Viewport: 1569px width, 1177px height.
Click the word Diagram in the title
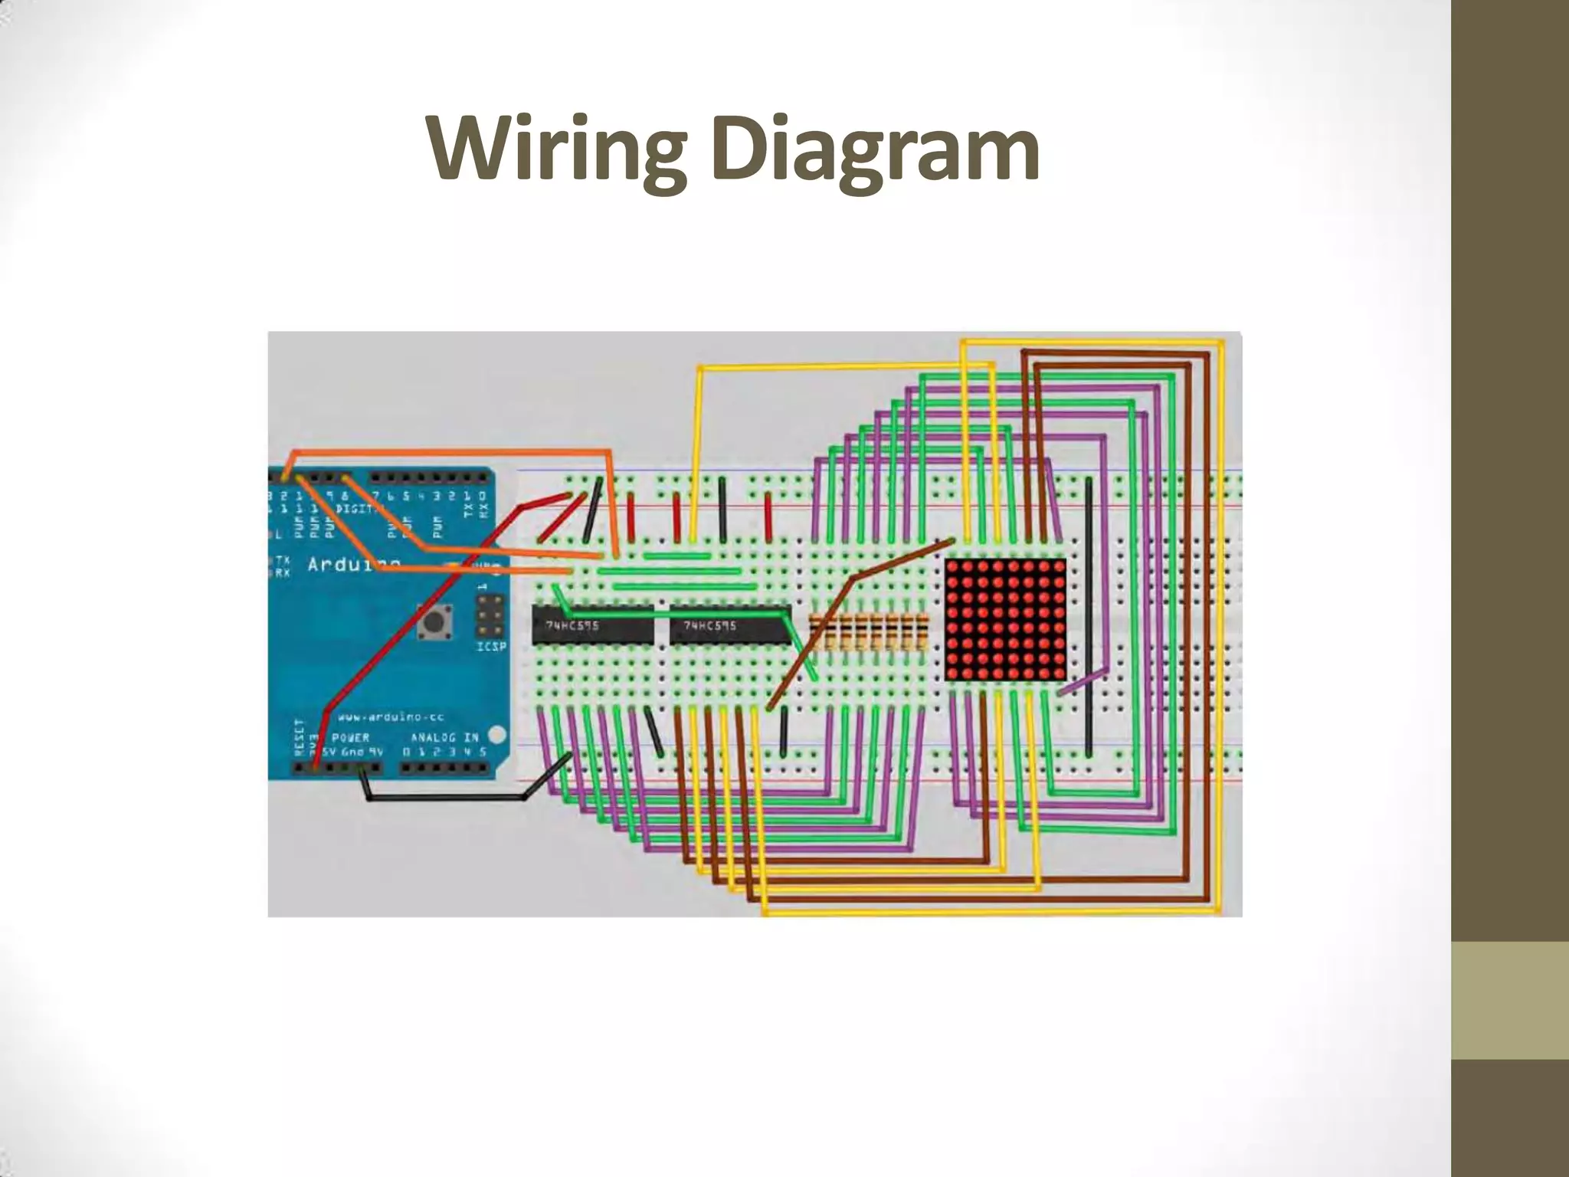click(875, 150)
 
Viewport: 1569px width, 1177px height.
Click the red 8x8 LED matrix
click(1005, 619)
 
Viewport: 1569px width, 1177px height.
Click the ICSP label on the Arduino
click(491, 647)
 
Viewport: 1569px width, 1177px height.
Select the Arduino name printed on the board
click(345, 566)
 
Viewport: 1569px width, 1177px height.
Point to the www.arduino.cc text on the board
click(391, 717)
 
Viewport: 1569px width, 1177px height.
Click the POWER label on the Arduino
click(351, 737)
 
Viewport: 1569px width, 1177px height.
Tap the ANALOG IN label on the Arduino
click(444, 737)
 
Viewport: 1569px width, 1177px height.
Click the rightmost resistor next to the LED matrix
click(921, 633)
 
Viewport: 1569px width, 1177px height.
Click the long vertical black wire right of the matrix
click(1089, 613)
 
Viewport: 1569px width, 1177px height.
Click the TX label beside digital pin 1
click(469, 506)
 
